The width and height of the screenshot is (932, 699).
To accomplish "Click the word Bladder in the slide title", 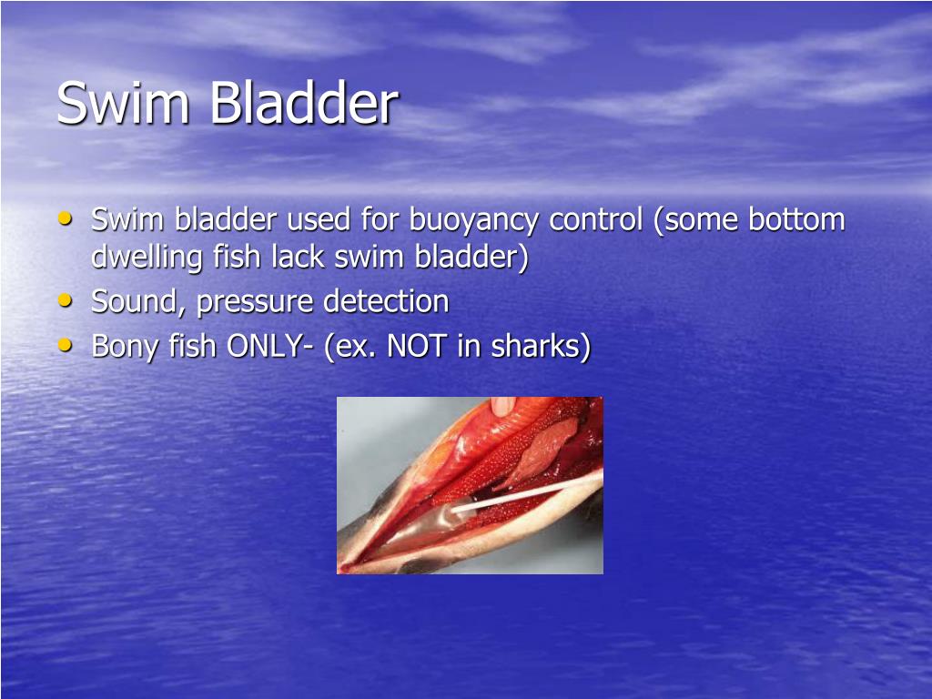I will [x=304, y=104].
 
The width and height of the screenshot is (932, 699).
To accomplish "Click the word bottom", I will [x=796, y=220].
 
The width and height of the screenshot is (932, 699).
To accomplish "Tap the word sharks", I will [x=537, y=346].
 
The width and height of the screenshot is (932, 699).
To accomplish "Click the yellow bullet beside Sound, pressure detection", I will [x=64, y=299].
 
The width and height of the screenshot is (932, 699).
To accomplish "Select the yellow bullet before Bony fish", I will [x=64, y=344].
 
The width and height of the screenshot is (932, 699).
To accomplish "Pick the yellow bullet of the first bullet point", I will [x=64, y=218].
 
